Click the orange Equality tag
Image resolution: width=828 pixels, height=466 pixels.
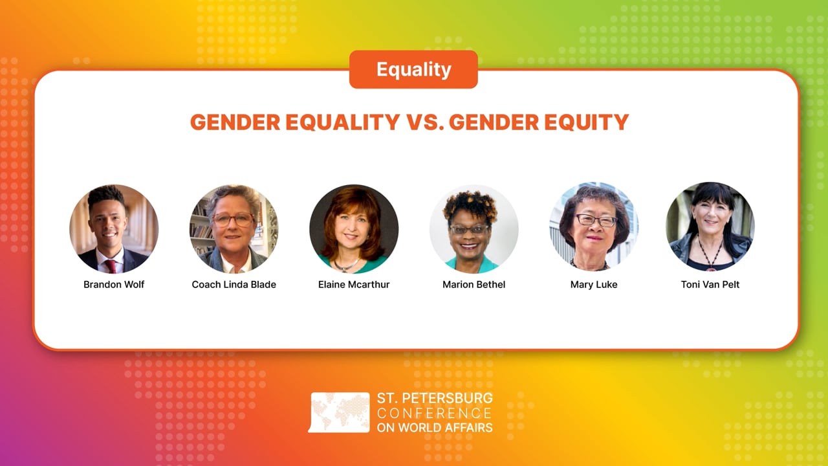coord(413,69)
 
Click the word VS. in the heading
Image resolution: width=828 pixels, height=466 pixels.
coord(424,122)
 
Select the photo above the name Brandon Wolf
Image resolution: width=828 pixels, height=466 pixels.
coord(114,228)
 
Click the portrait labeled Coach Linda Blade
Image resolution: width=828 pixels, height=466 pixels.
coord(234,228)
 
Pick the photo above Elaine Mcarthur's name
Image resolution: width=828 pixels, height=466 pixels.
coord(353,228)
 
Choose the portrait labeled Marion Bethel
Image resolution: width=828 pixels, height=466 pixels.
coord(474,228)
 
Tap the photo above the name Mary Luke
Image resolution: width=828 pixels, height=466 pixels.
coord(594,227)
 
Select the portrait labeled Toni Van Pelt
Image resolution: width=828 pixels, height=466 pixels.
coord(710,227)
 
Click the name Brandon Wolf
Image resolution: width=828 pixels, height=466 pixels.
coord(114,284)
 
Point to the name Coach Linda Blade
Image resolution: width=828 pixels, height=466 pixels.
coord(234,284)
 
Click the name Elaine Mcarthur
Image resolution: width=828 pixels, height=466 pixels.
coord(353,284)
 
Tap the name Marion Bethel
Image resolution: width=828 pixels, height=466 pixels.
coord(474,284)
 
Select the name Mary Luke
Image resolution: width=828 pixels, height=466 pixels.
coord(594,284)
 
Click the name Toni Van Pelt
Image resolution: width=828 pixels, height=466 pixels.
coord(710,284)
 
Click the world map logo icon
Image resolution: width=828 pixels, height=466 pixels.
coord(340,412)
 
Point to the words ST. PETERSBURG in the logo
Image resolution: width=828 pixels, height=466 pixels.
coord(434,398)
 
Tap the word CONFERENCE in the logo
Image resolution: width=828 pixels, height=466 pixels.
coord(434,413)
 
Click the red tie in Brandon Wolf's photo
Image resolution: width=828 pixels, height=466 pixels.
coord(111,265)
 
